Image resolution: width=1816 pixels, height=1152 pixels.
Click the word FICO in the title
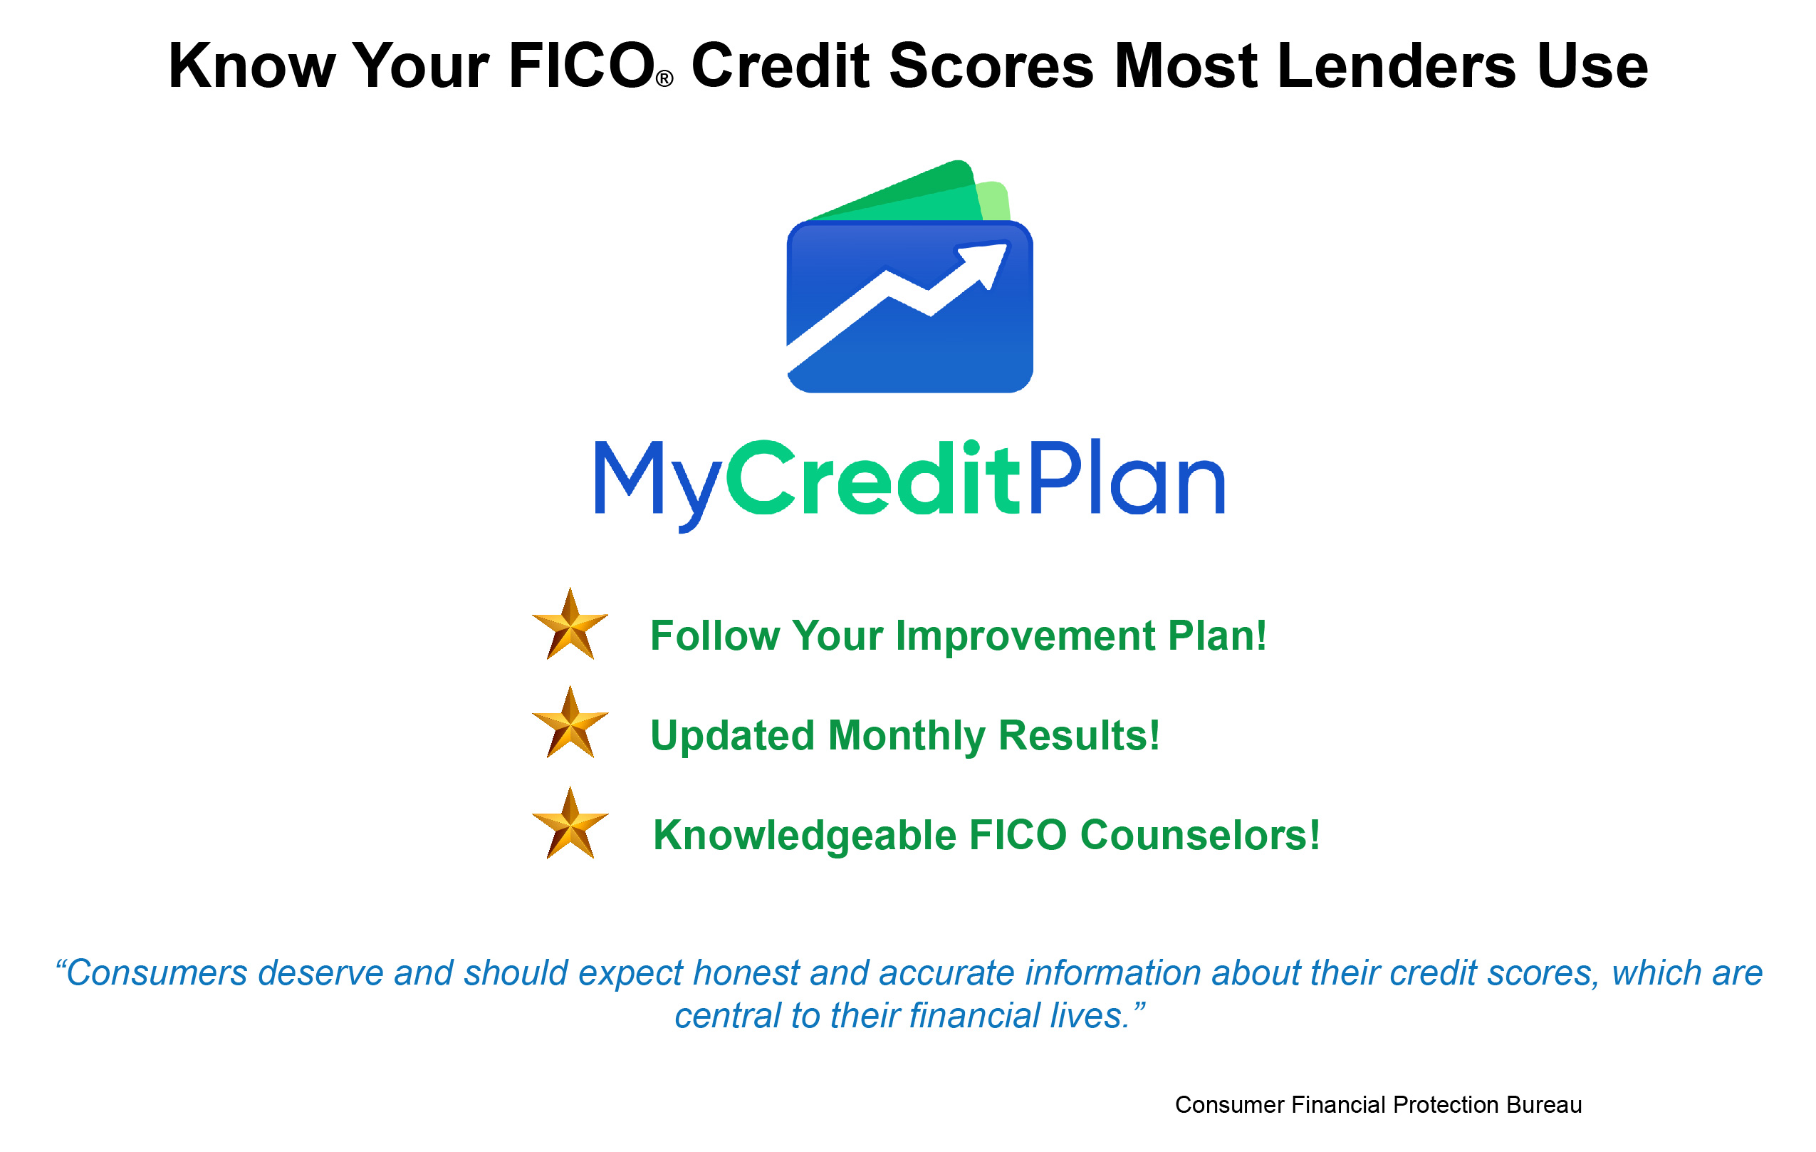pos(581,66)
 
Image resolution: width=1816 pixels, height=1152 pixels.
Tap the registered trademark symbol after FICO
pos(664,79)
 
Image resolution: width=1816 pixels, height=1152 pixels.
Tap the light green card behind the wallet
pos(994,200)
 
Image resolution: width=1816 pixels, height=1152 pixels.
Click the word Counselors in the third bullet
pos(1200,835)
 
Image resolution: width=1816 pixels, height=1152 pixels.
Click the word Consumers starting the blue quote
pos(157,973)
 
